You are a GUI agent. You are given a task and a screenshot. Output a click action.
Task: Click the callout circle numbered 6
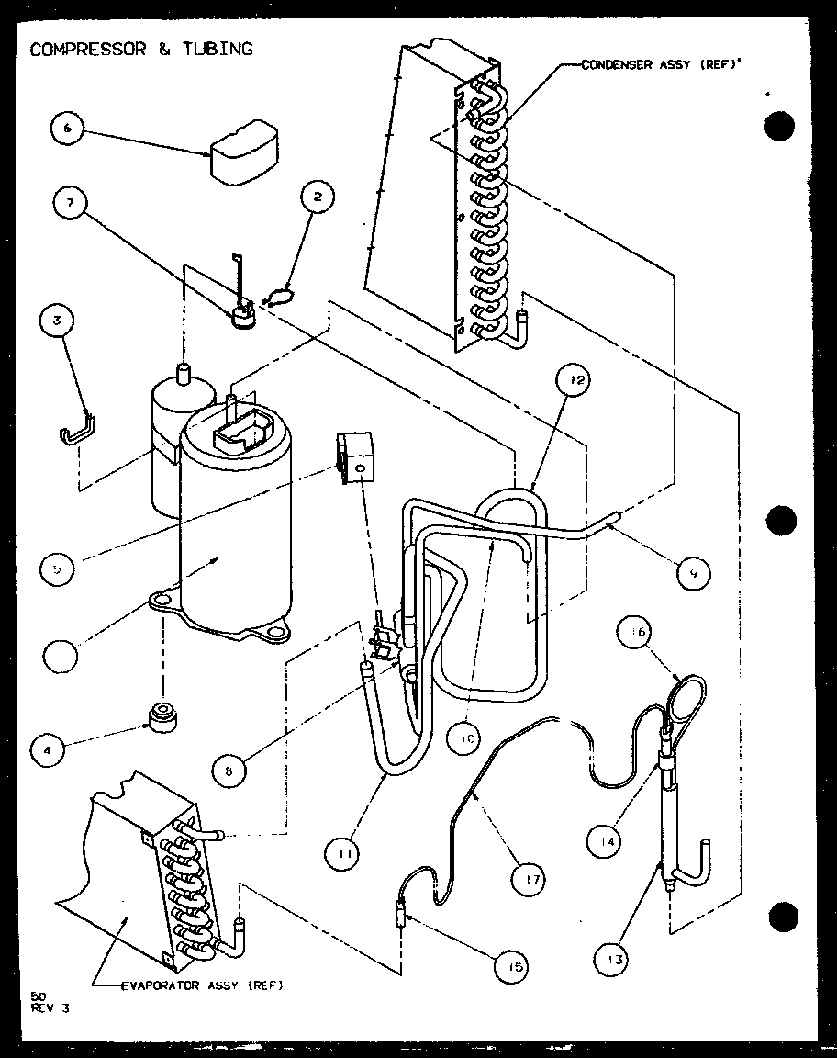pyautogui.click(x=67, y=129)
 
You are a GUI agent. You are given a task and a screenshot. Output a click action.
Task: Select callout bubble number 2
pyautogui.click(x=317, y=196)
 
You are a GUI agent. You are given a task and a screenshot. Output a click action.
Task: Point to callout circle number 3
pyautogui.click(x=58, y=321)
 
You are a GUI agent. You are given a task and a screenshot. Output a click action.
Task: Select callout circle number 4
pyautogui.click(x=50, y=749)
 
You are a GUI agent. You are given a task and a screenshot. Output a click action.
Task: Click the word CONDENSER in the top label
pyautogui.click(x=613, y=64)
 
